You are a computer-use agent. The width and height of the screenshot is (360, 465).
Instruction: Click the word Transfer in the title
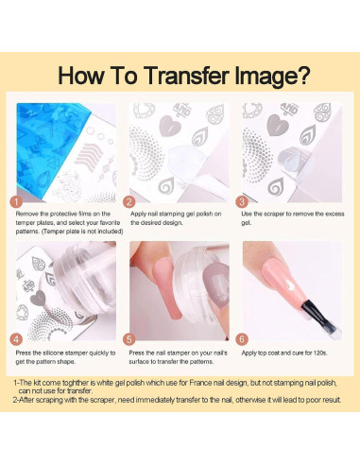[x=188, y=76]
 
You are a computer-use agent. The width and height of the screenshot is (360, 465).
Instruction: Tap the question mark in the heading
[x=303, y=76]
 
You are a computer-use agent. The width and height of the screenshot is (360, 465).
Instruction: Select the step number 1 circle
[x=16, y=202]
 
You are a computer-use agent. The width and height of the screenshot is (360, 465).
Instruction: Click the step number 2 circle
[x=129, y=202]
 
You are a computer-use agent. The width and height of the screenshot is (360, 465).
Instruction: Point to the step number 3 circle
[x=242, y=202]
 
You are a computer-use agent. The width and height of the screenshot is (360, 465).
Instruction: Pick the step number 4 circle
[x=16, y=339]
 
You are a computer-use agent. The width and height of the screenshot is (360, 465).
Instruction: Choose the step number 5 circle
[x=129, y=339]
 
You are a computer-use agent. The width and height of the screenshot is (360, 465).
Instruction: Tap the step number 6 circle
[x=242, y=339]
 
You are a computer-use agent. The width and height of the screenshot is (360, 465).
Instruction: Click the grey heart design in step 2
[x=170, y=126]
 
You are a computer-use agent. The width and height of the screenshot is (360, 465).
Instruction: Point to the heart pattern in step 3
[x=278, y=125]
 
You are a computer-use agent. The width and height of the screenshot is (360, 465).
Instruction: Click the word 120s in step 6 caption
[x=320, y=353]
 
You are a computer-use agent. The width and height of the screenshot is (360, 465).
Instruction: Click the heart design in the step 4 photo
[x=38, y=298]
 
